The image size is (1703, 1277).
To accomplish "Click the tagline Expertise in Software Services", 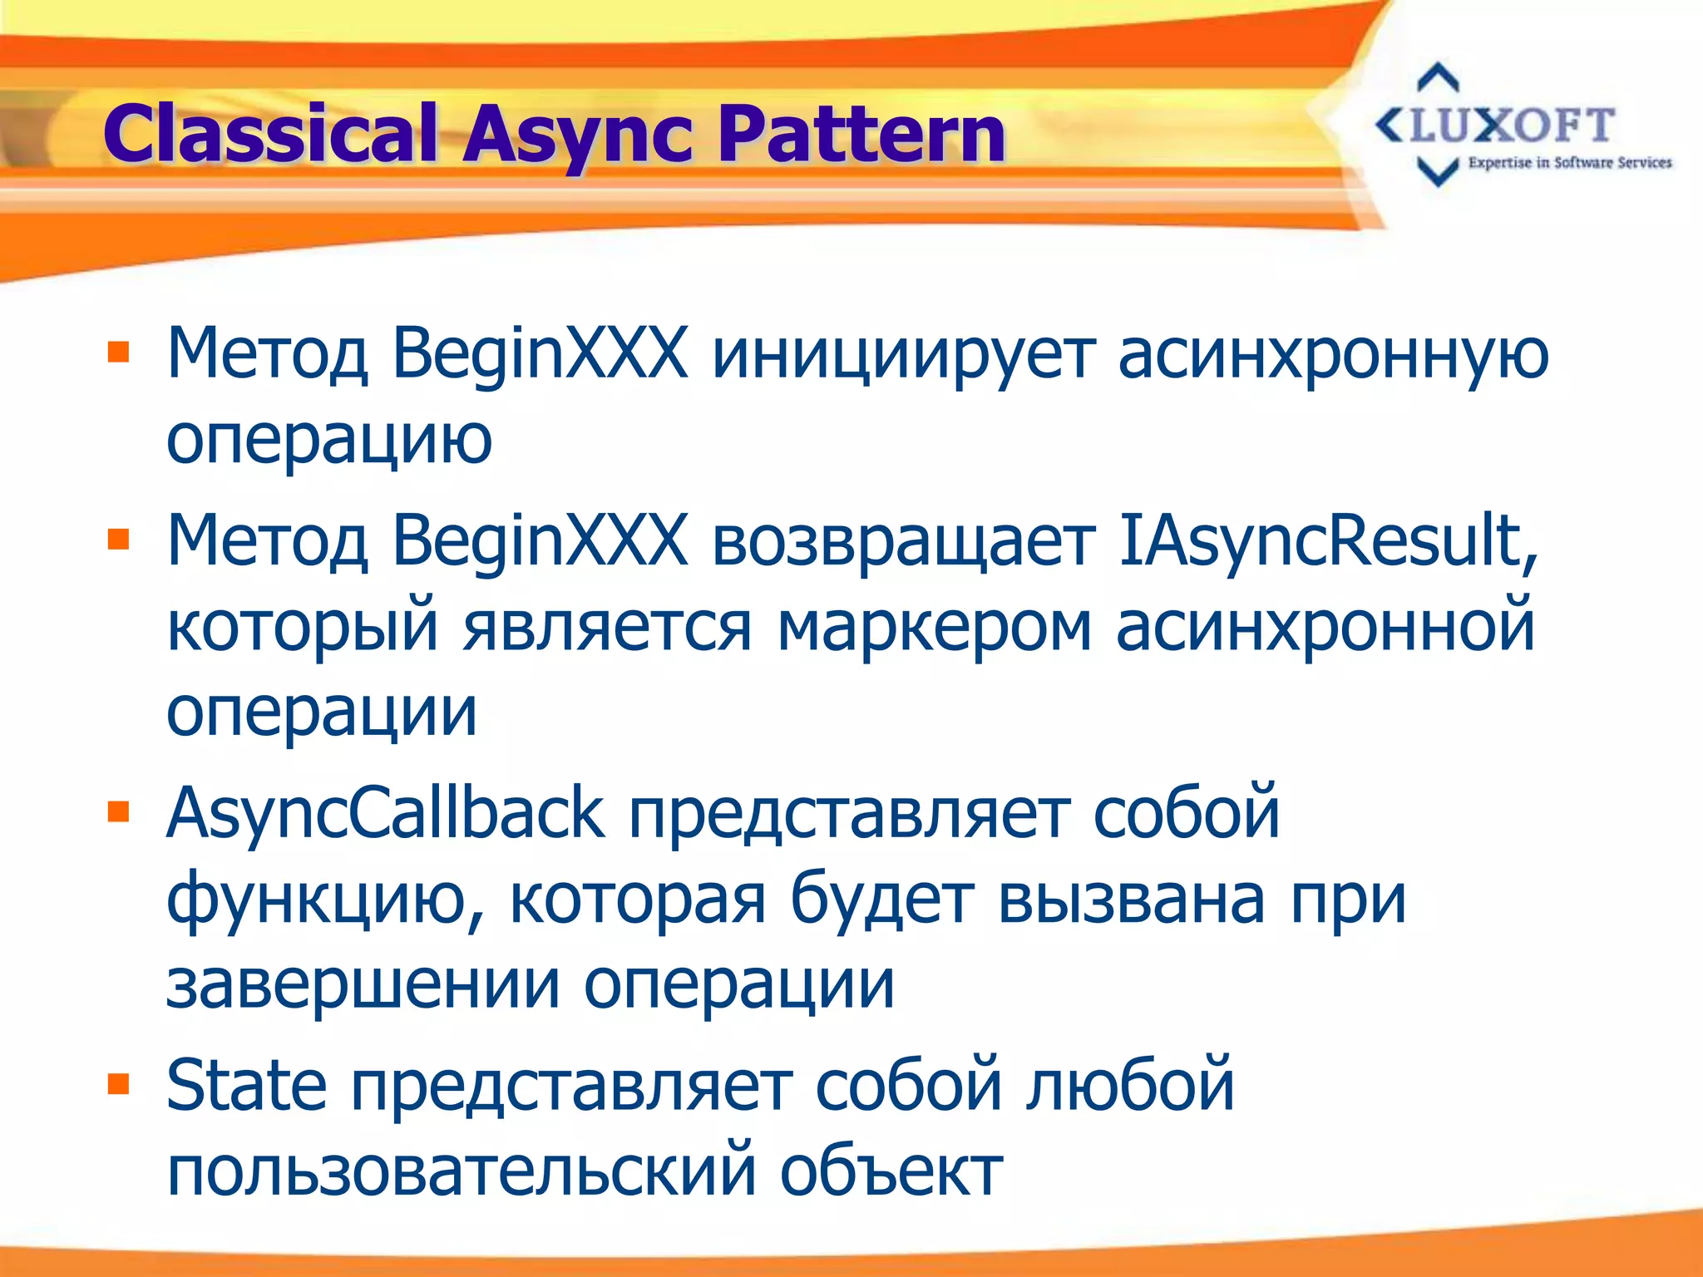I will (1570, 163).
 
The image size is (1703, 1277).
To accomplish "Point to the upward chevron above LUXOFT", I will (1438, 77).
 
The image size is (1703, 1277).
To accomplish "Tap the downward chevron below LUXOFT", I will (1438, 172).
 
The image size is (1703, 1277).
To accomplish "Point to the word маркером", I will (933, 628).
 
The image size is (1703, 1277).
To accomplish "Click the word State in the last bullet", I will (246, 1085).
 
